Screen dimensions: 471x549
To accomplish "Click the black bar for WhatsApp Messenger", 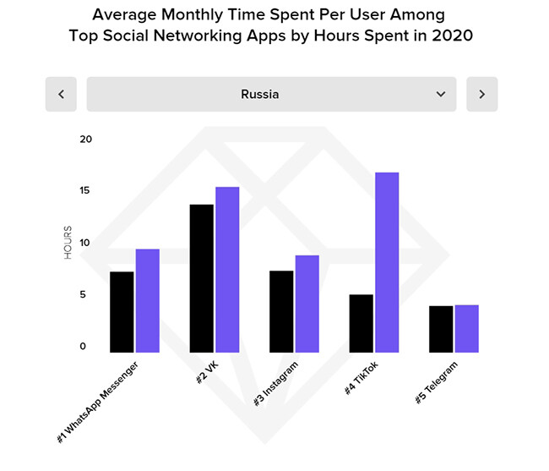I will (122, 312).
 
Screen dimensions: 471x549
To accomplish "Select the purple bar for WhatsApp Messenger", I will (148, 301).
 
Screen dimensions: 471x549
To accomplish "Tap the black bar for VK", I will (202, 278).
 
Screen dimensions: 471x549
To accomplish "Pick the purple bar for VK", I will (227, 270).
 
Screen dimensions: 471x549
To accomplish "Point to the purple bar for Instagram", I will (307, 304).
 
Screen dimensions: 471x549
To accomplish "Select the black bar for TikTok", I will (361, 323).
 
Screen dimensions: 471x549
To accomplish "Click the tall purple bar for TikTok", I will (387, 262).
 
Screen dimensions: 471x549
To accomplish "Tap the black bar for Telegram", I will (441, 329).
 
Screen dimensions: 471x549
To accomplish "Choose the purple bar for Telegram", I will (467, 329).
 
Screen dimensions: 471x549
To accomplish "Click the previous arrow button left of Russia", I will (61, 94).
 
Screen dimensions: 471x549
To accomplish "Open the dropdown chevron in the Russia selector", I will (441, 94).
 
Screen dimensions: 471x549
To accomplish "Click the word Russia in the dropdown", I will (259, 94).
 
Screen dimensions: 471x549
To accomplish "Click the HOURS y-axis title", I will (68, 243).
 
